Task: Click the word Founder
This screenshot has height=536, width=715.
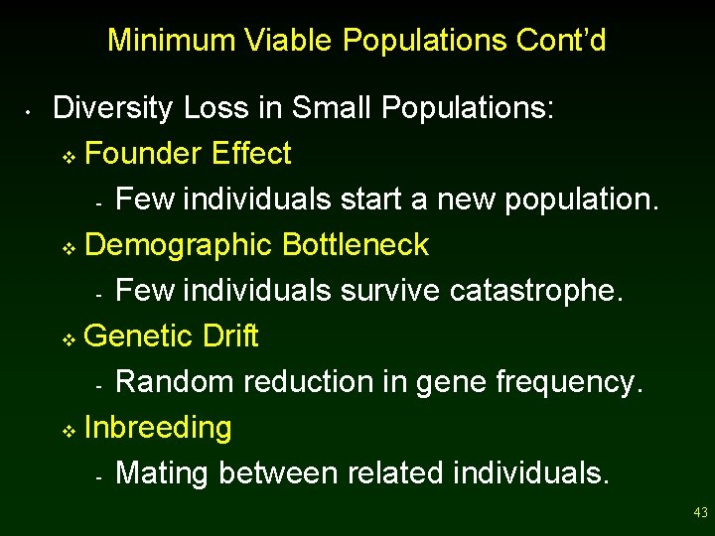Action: pos(144,154)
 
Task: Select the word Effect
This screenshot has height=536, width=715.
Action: pos(251,154)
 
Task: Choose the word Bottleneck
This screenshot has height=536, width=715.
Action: pos(356,245)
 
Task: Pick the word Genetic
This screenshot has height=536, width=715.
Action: pos(139,336)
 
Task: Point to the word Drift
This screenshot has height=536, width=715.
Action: pos(229,336)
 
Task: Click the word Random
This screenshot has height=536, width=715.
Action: pos(169,382)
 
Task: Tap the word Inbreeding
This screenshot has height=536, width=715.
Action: pos(159,428)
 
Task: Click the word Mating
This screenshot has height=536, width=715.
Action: pos(163,473)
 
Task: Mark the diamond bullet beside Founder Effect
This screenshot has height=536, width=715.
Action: pos(69,157)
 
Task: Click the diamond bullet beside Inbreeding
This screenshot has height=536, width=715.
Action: pos(69,431)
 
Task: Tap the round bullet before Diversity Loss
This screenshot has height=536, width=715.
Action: pos(32,110)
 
